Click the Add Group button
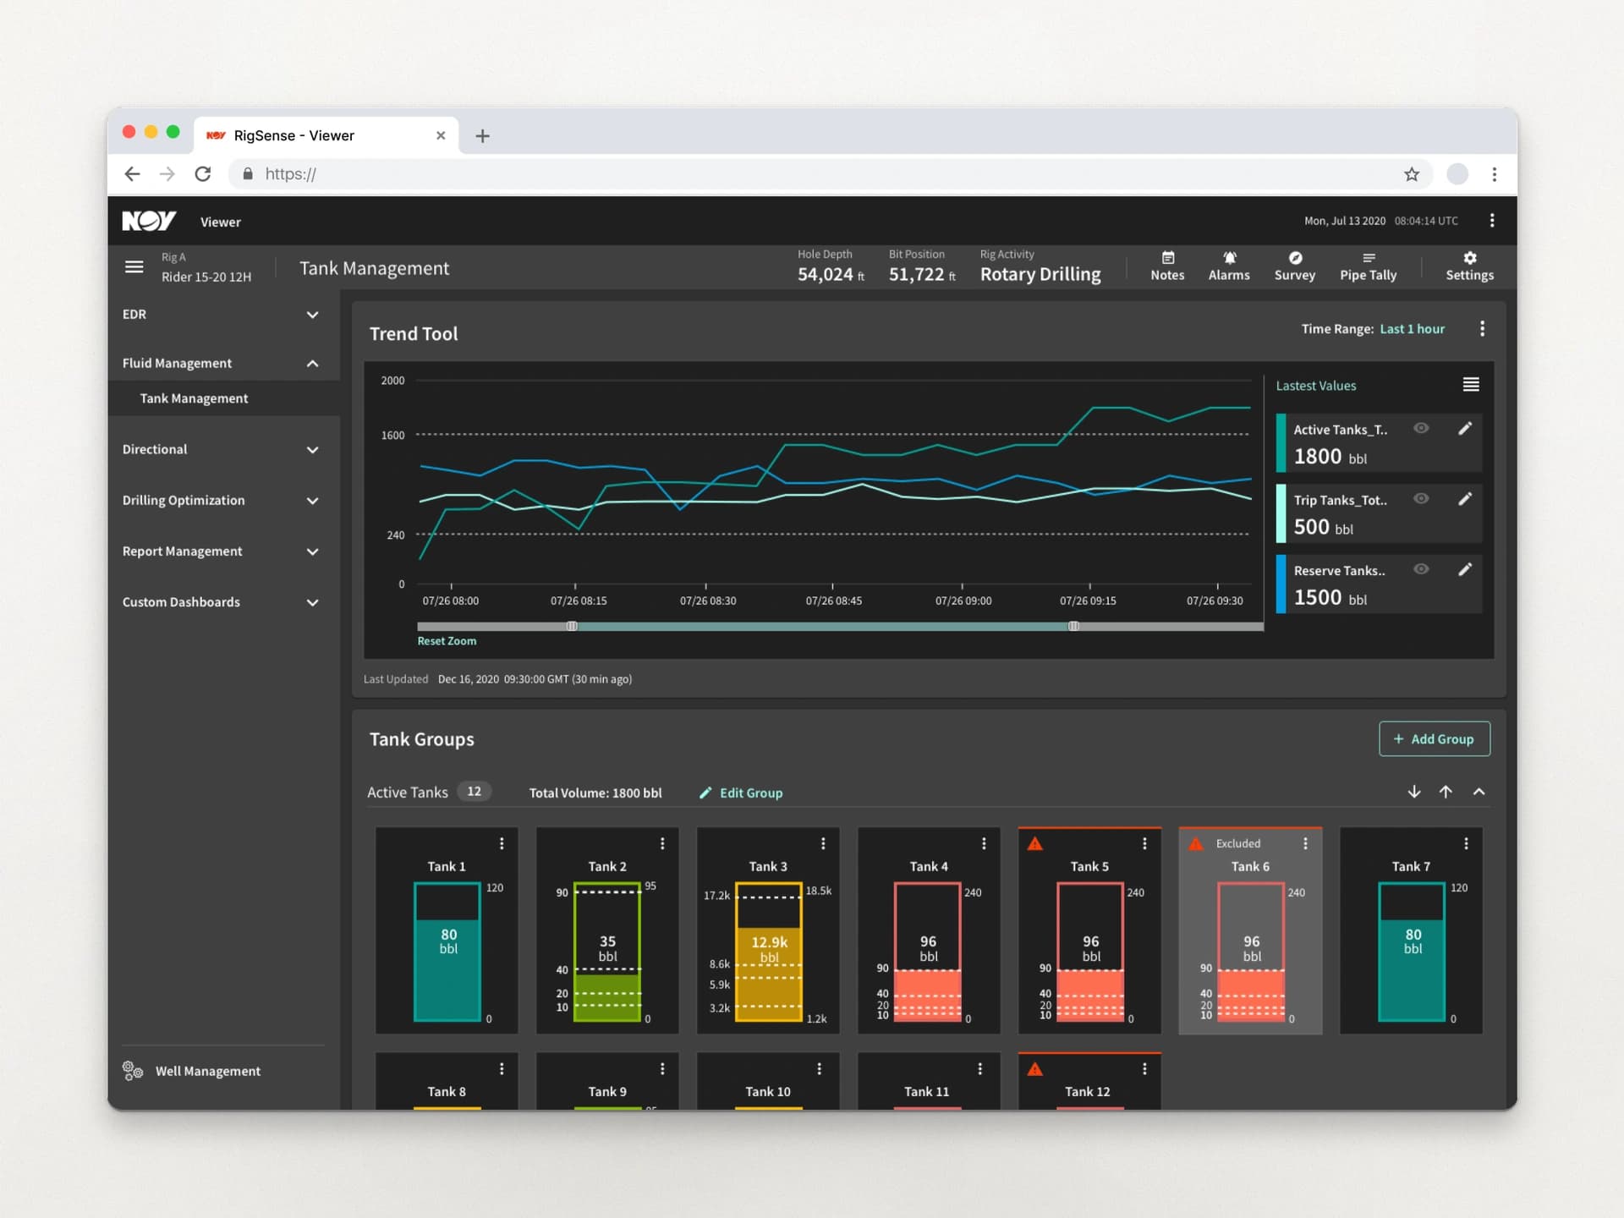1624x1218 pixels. pos(1434,738)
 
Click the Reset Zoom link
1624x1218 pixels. pos(447,641)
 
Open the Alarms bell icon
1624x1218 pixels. pos(1229,258)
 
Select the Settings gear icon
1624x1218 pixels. pos(1470,258)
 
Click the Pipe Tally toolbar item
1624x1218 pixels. pos(1368,266)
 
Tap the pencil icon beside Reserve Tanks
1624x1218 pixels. pos(1465,569)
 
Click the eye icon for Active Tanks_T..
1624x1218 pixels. pos(1421,428)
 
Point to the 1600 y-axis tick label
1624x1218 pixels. pos(392,435)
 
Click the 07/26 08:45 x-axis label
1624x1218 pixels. pos(833,601)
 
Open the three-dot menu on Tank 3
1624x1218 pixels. pos(823,843)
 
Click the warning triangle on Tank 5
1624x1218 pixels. pos(1034,843)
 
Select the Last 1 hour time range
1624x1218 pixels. pos(1412,329)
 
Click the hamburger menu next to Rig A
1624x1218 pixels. pos(134,267)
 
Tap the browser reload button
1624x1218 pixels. pos(203,174)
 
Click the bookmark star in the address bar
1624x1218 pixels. pos(1412,174)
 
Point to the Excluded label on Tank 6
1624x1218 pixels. pos(1237,843)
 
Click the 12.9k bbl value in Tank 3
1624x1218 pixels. pos(769,949)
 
